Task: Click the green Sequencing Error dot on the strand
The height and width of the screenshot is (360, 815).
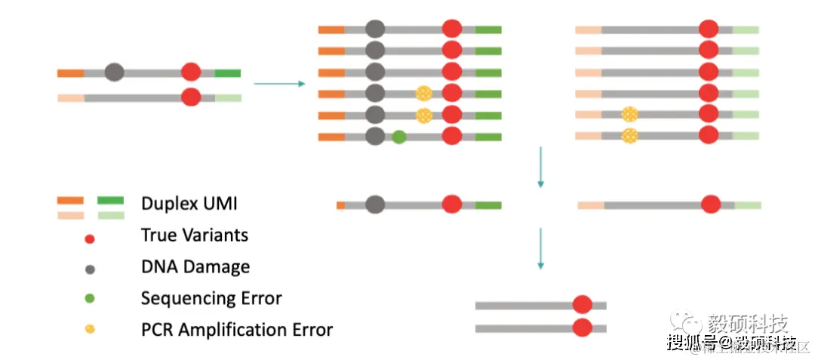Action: tap(399, 137)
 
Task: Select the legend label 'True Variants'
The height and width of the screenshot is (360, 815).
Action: tap(194, 235)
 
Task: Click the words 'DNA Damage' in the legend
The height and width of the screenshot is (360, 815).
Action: tap(195, 266)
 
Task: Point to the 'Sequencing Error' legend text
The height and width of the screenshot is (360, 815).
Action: tap(211, 298)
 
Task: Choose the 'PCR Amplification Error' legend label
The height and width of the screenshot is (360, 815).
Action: tap(236, 330)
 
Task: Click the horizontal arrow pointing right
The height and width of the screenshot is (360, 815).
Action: tap(279, 83)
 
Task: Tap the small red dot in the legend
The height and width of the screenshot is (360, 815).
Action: tap(90, 239)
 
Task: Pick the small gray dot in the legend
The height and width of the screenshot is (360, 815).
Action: tap(90, 269)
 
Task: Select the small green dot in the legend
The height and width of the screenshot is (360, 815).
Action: tap(90, 299)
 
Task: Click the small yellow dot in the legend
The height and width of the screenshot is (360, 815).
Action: tap(90, 330)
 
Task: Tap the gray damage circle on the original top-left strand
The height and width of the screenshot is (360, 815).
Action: tap(114, 72)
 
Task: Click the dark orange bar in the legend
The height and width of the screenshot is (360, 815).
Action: tap(70, 200)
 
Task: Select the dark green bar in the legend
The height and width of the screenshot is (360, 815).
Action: tap(110, 200)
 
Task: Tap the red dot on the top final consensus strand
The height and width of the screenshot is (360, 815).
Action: tap(582, 305)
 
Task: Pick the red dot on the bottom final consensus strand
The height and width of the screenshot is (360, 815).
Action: tap(582, 328)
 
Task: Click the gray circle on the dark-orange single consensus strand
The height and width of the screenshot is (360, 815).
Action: tap(374, 205)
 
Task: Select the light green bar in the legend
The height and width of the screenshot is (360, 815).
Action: tap(110, 216)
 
